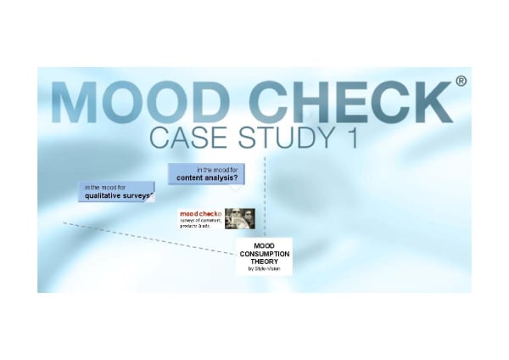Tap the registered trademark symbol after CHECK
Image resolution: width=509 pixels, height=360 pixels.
461,82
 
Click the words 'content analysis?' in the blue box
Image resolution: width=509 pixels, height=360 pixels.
206,178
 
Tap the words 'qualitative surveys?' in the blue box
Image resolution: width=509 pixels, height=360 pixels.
119,196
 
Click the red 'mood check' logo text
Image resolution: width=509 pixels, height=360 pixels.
200,213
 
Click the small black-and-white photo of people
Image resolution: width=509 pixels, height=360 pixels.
240,218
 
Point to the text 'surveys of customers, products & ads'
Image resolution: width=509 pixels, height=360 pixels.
201,222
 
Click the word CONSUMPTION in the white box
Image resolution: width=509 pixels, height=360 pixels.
264,254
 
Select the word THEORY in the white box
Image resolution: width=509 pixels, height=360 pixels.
264,262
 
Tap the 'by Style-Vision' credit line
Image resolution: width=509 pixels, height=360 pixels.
264,269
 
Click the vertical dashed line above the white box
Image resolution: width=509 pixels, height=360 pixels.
265,195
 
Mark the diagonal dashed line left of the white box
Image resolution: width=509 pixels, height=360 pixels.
144,237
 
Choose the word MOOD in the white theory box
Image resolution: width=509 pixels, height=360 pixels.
264,246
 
